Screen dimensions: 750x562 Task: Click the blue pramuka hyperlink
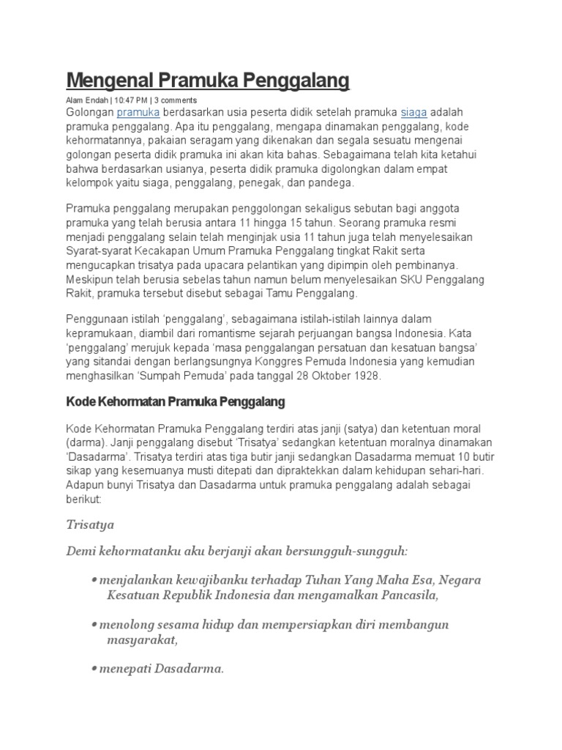[x=138, y=113]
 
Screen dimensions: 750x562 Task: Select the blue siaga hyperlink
[x=413, y=113]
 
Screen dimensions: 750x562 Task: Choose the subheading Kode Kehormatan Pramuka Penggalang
[x=175, y=402]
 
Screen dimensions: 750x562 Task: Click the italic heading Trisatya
[x=90, y=525]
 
